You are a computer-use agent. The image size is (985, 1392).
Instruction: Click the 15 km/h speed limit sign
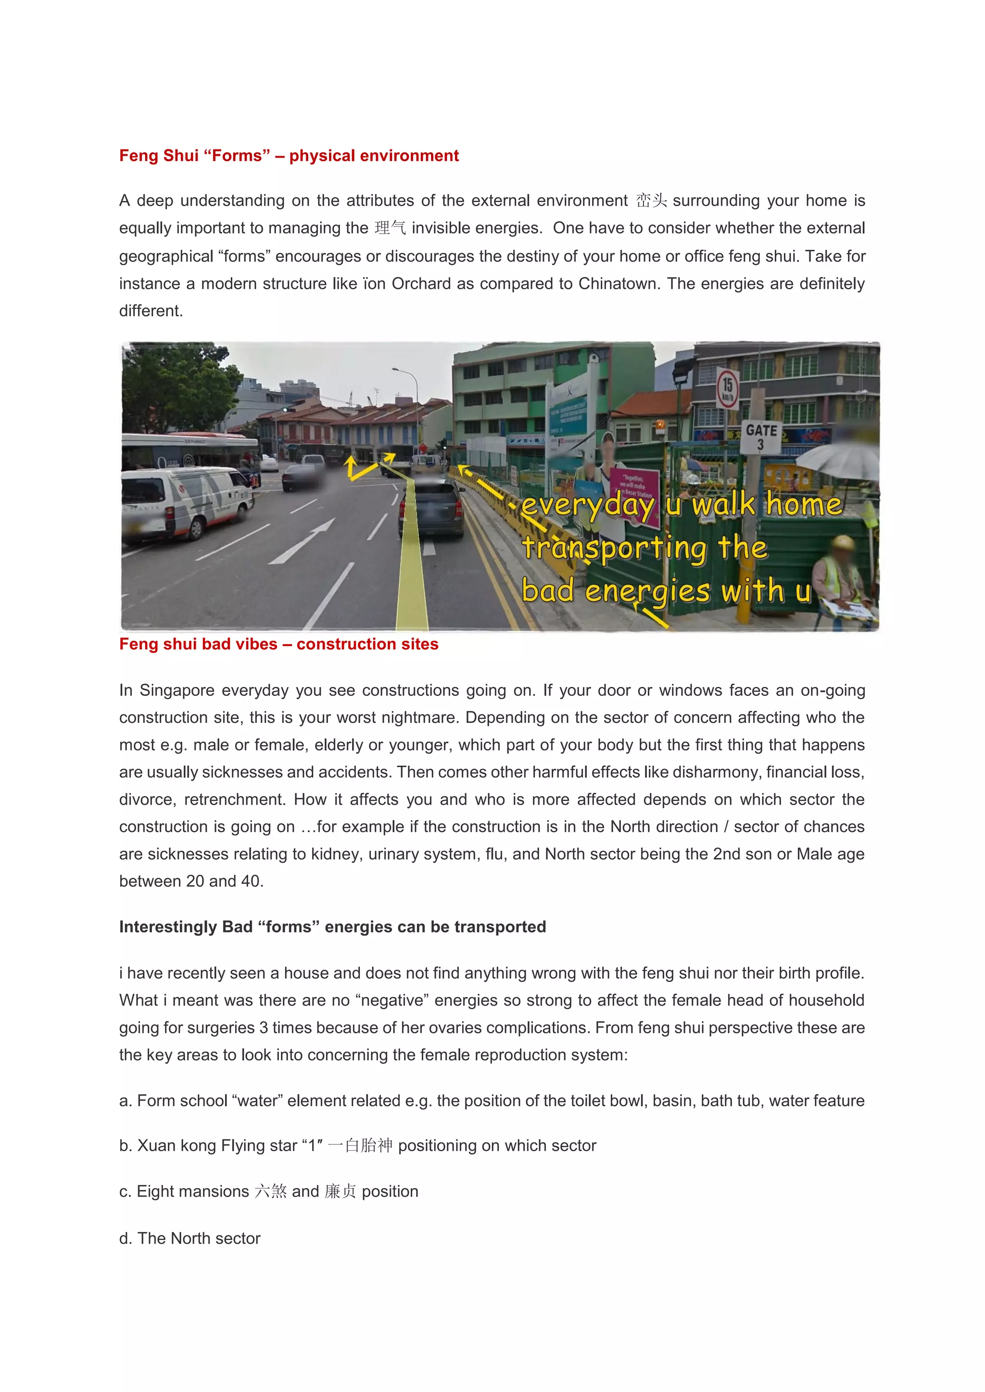pos(727,389)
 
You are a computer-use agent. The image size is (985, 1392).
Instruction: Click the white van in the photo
pos(185,501)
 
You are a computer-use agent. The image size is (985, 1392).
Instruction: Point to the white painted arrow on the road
pos(303,541)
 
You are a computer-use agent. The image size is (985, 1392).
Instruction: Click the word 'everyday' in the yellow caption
pos(588,505)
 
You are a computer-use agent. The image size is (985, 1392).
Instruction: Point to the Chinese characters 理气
pos(390,228)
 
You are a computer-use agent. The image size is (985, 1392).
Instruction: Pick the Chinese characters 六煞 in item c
pos(270,1192)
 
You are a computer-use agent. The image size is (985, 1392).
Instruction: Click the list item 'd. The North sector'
pos(190,1238)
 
